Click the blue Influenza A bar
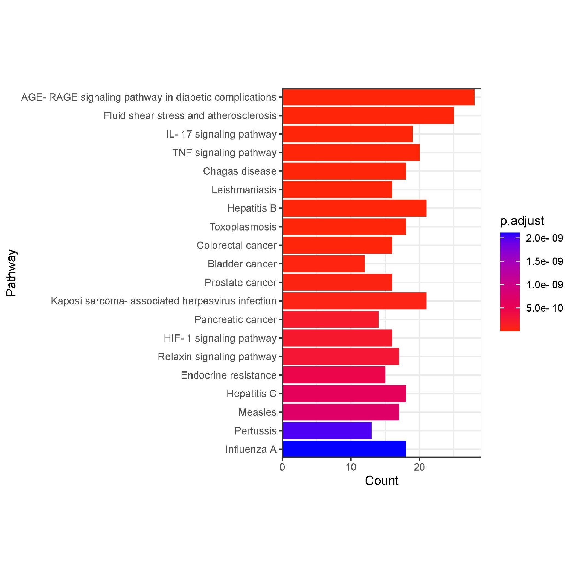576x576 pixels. (344, 449)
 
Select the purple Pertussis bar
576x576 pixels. (327, 430)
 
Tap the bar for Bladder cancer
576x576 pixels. (324, 264)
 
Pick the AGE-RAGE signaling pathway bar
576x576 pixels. (378, 97)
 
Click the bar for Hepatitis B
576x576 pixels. (354, 208)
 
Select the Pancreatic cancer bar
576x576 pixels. (330, 319)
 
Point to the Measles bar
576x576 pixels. (341, 412)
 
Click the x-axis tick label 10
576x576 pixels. (351, 467)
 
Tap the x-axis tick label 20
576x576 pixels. (419, 467)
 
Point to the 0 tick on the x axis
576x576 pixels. (282, 467)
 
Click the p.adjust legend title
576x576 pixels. (522, 221)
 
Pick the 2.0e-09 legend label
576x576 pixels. (544, 238)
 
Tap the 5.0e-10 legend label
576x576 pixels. (544, 308)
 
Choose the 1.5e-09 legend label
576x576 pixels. (544, 261)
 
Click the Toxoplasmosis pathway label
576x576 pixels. (243, 227)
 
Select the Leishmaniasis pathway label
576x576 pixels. (244, 190)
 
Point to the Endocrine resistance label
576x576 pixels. (228, 375)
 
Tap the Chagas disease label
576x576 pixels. (240, 171)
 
